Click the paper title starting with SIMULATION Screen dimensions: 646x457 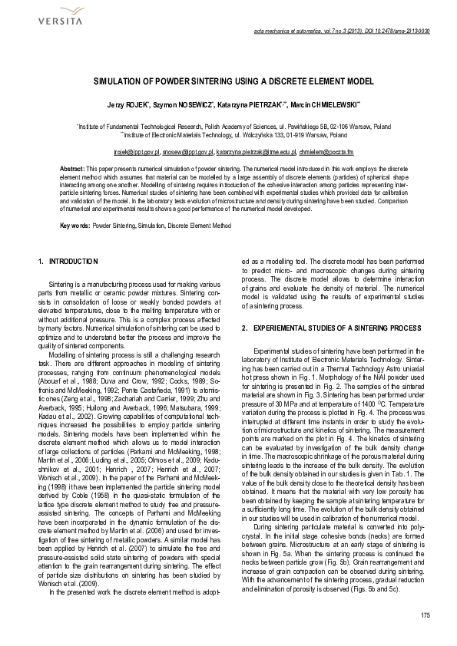pos(228,79)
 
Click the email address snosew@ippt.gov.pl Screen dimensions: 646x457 pos(188,153)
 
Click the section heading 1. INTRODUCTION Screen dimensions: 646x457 pos(67,262)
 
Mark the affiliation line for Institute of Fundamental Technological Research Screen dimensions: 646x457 pos(228,125)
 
